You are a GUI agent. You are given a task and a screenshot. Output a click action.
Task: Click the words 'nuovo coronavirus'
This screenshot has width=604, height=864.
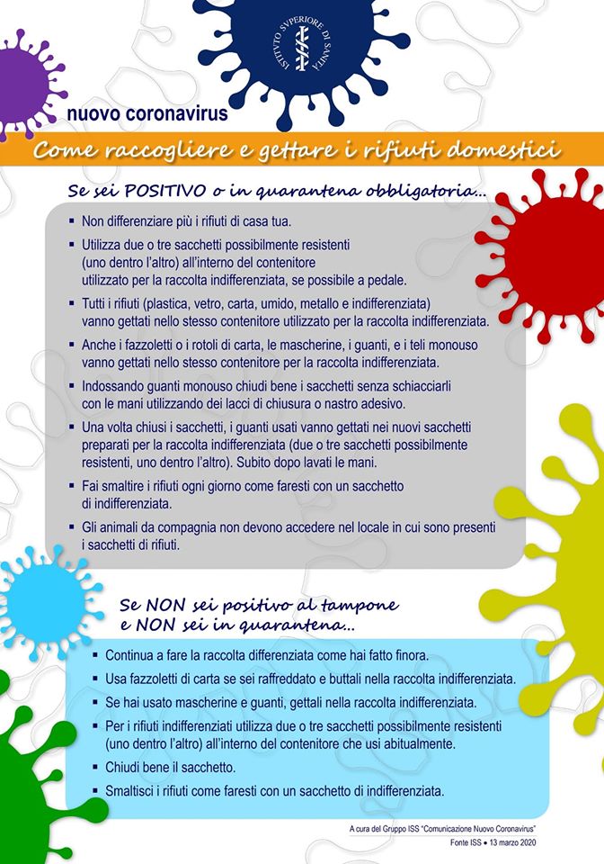pos(147,115)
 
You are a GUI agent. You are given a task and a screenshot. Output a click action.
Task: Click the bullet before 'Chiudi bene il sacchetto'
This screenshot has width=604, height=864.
pos(95,768)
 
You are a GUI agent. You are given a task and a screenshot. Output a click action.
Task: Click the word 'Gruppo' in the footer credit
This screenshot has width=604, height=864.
pos(409,827)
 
